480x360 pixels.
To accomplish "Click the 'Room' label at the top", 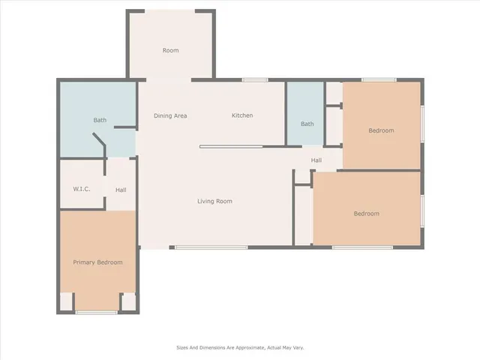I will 171,50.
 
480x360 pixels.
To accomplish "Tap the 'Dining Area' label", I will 170,115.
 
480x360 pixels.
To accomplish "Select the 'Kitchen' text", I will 242,115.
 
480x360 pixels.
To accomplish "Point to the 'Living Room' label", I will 214,201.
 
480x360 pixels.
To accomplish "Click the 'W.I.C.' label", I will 82,189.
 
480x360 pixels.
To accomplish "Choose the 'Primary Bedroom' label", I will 97,262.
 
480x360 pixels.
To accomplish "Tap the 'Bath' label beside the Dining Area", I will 100,120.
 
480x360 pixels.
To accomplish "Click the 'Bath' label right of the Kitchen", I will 307,124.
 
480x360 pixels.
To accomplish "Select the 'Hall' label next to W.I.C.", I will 121,190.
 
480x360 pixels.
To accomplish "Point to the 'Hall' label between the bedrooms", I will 316,160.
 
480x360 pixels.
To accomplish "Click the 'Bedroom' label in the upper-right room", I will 381,130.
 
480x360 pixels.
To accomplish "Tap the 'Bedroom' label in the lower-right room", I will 366,214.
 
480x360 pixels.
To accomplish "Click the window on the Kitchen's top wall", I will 255,80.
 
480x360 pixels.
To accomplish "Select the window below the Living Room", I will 211,247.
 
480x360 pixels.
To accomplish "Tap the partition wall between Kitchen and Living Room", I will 231,147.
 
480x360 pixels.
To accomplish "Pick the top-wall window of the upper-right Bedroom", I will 379,80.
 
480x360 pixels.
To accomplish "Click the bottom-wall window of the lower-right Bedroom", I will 362,247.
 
